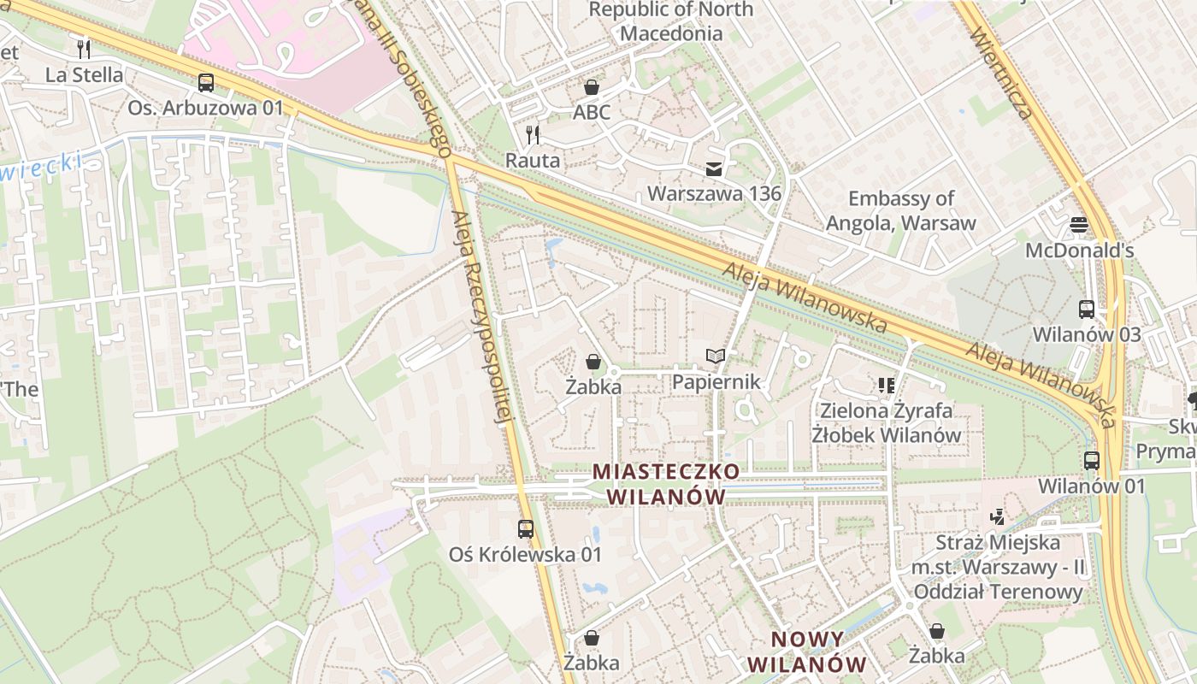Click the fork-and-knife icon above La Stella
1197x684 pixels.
(83, 48)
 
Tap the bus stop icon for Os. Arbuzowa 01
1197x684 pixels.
(205, 83)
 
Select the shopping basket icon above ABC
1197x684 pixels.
(591, 87)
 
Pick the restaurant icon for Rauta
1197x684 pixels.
(533, 134)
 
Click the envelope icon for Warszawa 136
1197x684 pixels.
(713, 168)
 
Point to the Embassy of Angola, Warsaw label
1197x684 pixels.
(900, 211)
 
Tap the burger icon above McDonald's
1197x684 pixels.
(1079, 225)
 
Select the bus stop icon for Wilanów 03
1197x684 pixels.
(1086, 309)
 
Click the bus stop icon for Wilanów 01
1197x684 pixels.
(1091, 460)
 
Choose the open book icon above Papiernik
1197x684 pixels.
(715, 357)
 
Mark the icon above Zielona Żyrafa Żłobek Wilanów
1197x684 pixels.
(886, 386)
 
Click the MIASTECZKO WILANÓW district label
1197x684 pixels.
(666, 484)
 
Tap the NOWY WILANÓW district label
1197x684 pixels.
(807, 652)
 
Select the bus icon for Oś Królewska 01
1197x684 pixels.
(526, 528)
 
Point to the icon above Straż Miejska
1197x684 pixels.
(996, 516)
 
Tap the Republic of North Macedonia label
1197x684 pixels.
(671, 21)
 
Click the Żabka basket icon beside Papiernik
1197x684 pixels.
(593, 362)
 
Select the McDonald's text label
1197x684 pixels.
(1079, 251)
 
